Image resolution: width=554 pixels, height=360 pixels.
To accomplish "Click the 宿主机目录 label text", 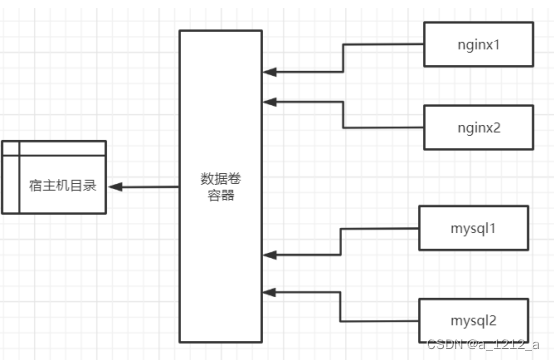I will tap(67, 185).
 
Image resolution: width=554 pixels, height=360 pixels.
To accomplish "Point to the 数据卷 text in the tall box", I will tap(221, 179).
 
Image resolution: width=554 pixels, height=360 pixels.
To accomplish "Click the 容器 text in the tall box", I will tap(221, 196).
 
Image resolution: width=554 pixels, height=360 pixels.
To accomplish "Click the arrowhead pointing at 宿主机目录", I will tap(116, 186).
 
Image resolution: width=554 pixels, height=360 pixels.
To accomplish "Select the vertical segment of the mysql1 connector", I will tap(341, 242).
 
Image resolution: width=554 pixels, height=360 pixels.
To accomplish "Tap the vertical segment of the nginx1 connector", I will tap(343, 58).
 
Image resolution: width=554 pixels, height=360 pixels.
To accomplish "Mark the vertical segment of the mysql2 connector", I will tap(341, 307).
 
